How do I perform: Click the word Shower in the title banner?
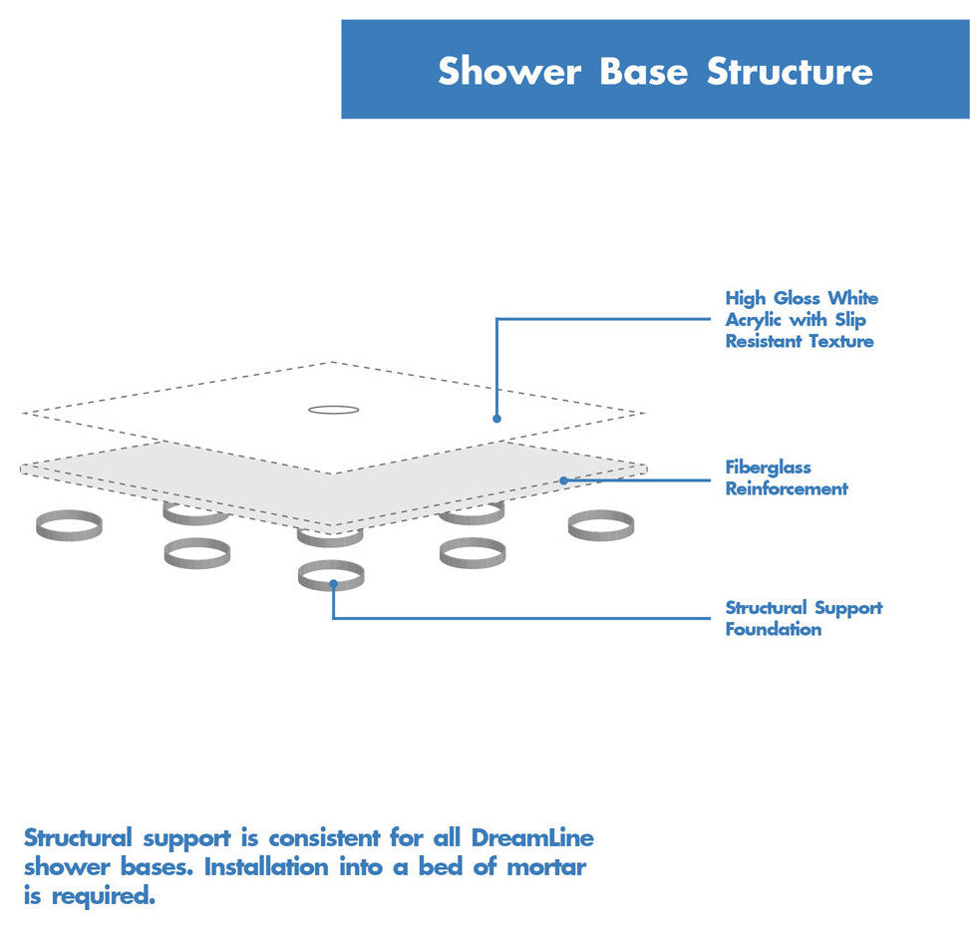coord(509,72)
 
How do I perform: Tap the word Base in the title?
coord(643,72)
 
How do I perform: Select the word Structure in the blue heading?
coord(790,72)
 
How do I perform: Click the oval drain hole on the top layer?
coord(333,410)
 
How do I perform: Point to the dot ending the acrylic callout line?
coord(496,419)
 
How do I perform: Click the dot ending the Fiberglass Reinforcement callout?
coord(563,480)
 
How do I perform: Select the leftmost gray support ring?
coord(69,525)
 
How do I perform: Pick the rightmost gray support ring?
coord(601,524)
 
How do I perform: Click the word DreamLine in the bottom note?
coord(532,837)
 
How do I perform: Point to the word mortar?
coord(545,866)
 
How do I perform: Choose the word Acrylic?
coord(755,320)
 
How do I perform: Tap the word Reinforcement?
coord(787,488)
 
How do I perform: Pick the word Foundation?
coord(774,629)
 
